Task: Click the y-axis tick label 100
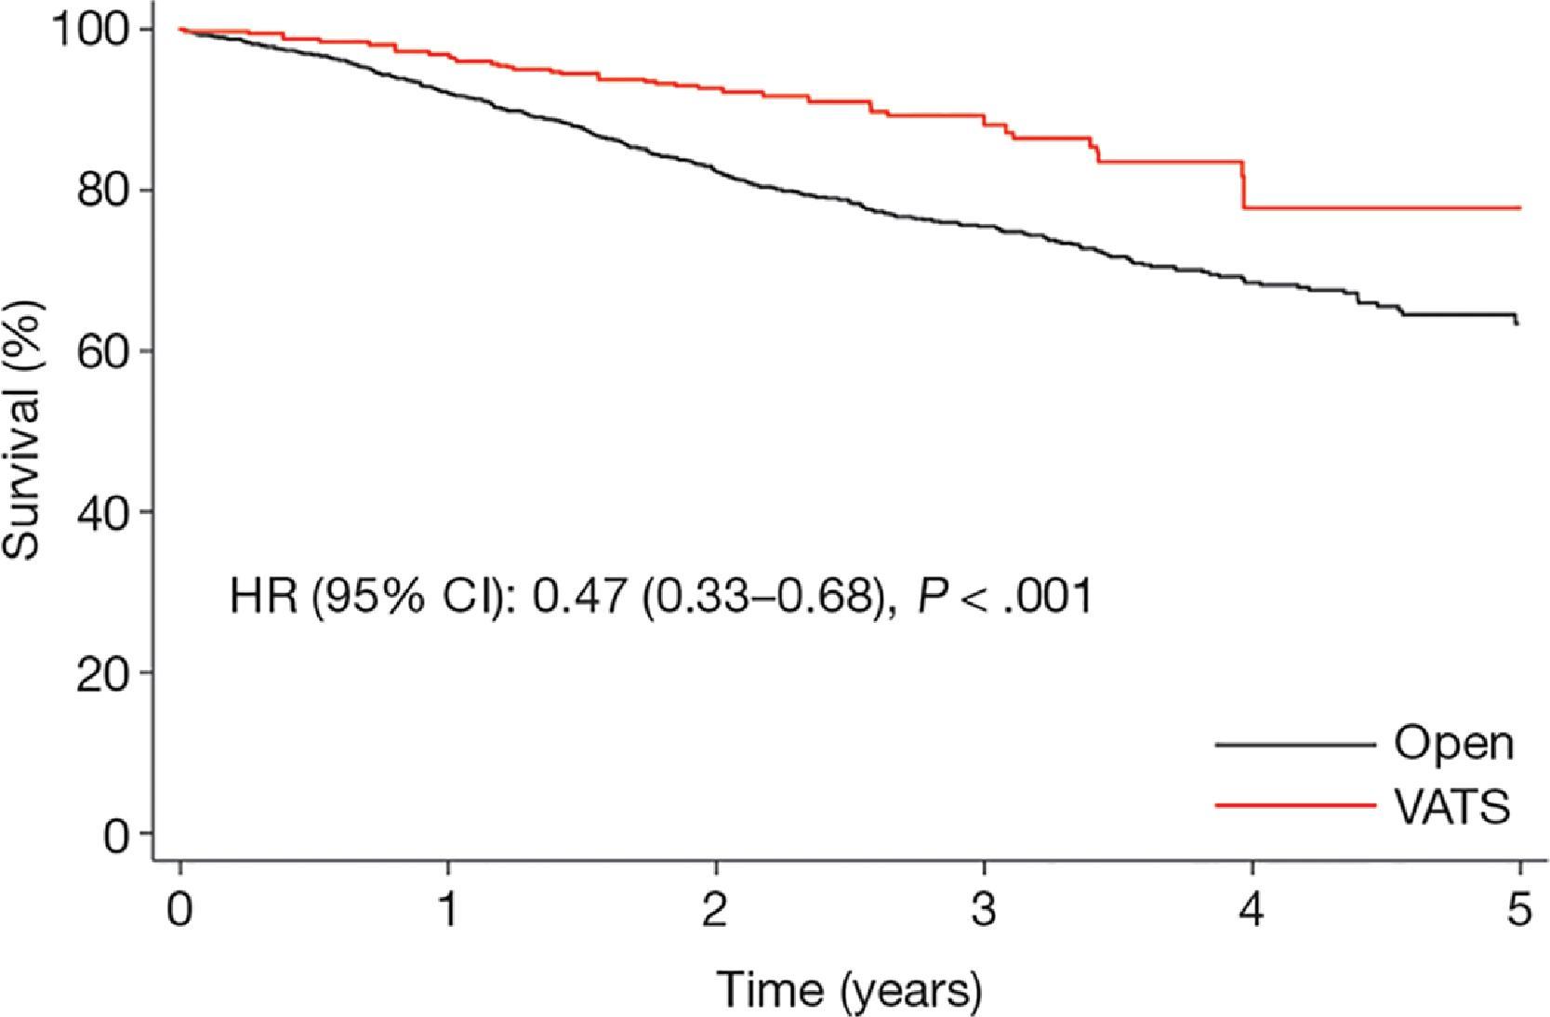tap(88, 30)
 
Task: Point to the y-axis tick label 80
tap(102, 191)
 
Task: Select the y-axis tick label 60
tap(102, 351)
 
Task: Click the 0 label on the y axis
tap(116, 836)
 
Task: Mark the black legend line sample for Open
tap(1294, 745)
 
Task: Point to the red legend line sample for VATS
tap(1294, 805)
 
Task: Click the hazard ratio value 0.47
tap(578, 595)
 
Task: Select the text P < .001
tap(1004, 595)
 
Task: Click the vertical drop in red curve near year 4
tap(1243, 185)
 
